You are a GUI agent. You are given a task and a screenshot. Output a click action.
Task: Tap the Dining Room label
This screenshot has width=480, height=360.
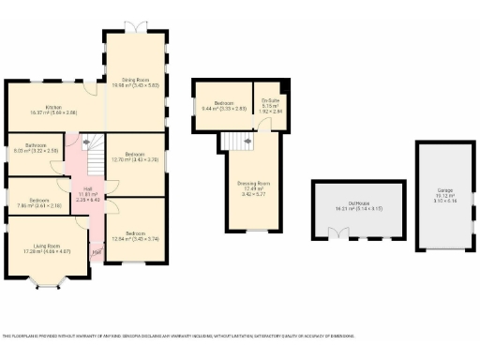click(x=135, y=82)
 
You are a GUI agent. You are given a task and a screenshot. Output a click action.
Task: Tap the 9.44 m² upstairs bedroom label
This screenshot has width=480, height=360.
click(x=221, y=106)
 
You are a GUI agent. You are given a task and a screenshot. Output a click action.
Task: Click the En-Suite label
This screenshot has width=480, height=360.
click(x=270, y=103)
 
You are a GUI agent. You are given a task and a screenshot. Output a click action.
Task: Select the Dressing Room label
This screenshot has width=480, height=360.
click(x=249, y=186)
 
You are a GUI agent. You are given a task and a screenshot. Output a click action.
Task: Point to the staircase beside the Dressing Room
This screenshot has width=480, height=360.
click(x=238, y=141)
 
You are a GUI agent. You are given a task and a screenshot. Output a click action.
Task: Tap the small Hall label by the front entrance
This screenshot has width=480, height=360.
click(x=97, y=251)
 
